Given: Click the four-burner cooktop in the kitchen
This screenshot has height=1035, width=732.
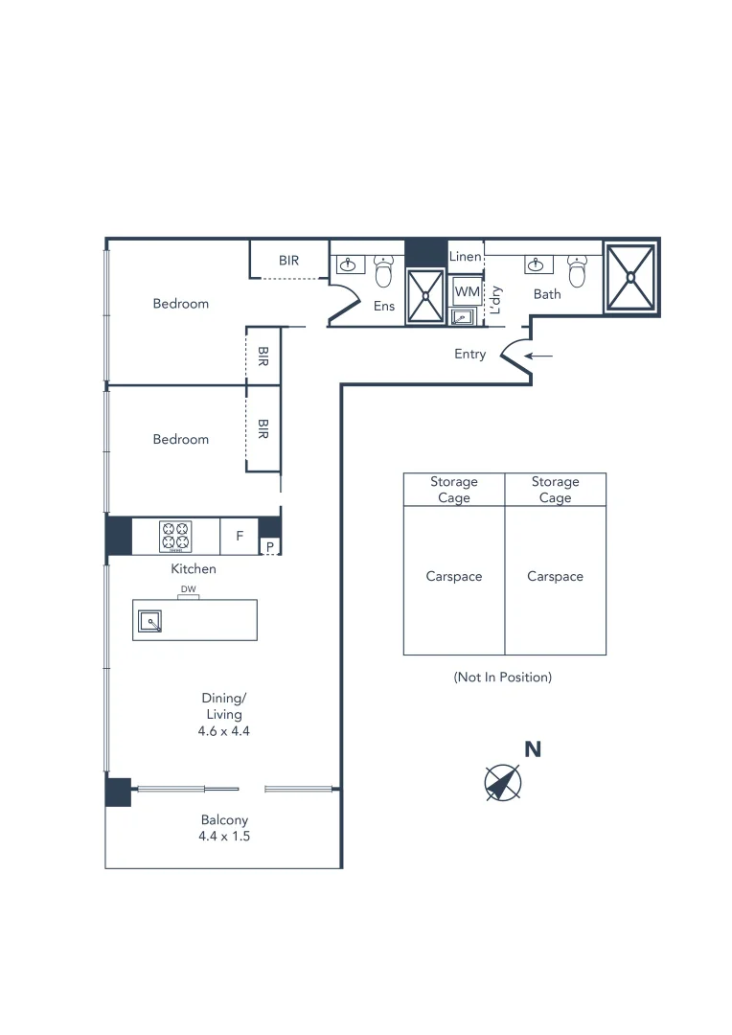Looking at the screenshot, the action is click(175, 536).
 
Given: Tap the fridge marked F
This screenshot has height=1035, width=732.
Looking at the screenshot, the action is click(240, 537).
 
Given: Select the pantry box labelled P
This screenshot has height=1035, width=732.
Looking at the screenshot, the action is click(270, 547).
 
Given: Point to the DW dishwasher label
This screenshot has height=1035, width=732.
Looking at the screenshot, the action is click(188, 589).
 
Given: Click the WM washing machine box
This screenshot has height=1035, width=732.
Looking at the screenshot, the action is click(467, 291).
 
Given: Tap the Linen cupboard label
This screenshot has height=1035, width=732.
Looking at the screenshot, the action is click(466, 257).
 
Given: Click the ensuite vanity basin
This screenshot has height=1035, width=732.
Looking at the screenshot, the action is click(348, 264).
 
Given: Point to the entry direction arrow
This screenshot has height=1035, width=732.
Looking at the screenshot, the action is click(539, 356).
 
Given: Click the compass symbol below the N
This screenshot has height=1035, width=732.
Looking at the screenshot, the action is click(502, 783).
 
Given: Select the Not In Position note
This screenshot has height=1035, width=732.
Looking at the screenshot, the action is click(503, 677).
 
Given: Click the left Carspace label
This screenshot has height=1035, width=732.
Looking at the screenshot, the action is click(454, 577).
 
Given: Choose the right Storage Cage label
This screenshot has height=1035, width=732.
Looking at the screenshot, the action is click(555, 490).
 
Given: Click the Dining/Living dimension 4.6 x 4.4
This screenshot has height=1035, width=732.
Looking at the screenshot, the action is click(221, 730).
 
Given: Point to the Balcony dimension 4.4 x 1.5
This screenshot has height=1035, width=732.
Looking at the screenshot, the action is click(224, 836).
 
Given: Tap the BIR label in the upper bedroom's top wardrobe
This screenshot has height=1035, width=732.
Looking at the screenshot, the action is click(289, 260).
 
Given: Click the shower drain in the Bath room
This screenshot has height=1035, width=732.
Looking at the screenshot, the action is click(630, 277).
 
